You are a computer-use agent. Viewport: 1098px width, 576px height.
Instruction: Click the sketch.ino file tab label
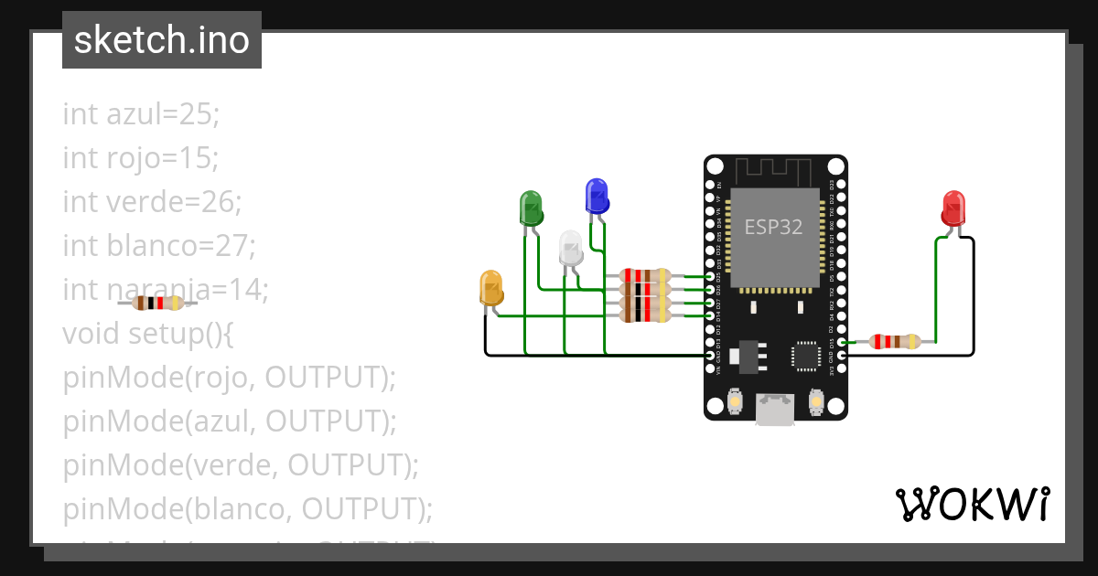[162, 40]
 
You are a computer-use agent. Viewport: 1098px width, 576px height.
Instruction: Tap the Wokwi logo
[972, 504]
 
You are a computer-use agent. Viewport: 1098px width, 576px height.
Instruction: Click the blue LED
[597, 196]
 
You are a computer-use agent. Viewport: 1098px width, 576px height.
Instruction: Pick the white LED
[570, 248]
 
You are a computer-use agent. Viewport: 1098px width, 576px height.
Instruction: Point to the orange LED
[491, 287]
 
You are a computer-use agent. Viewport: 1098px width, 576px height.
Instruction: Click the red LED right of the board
[953, 208]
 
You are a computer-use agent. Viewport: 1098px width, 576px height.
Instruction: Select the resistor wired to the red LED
[895, 342]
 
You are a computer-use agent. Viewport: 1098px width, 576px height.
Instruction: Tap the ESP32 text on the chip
[773, 227]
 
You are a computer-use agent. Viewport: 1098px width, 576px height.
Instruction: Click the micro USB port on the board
[774, 408]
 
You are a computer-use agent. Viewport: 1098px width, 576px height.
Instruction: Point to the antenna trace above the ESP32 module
[774, 170]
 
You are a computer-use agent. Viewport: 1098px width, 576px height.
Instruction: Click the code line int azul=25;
[141, 114]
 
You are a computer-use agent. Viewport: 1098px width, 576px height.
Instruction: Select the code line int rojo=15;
[141, 158]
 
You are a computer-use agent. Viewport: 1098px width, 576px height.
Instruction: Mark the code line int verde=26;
[152, 202]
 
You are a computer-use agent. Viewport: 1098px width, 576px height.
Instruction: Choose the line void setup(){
[148, 334]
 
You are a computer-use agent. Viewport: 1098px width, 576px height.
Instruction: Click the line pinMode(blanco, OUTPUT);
[247, 508]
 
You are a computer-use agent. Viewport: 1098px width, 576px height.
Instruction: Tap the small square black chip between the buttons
[805, 356]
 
